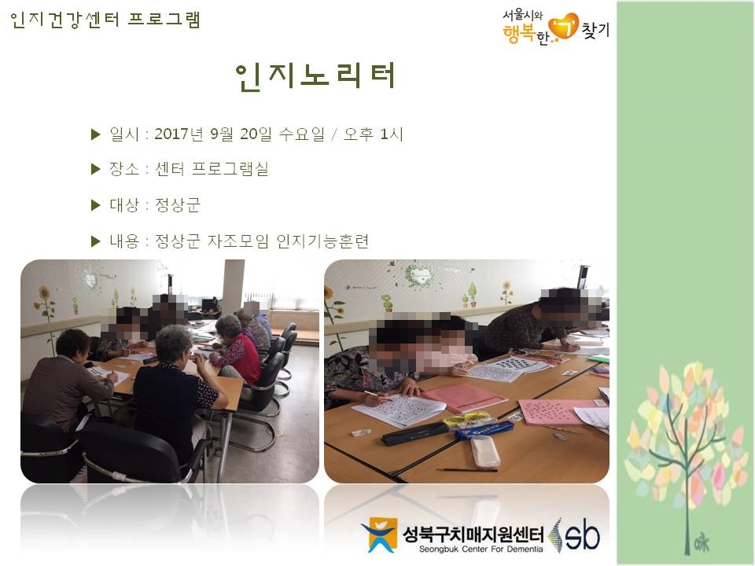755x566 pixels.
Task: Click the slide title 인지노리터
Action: (x=315, y=76)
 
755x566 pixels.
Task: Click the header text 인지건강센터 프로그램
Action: (x=105, y=20)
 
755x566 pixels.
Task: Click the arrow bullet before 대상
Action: (x=96, y=205)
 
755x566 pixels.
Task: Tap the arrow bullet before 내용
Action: (x=96, y=241)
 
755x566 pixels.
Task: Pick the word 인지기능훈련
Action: (x=322, y=241)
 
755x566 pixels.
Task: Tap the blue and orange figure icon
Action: (x=379, y=535)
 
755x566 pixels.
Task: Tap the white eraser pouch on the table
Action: (x=484, y=450)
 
